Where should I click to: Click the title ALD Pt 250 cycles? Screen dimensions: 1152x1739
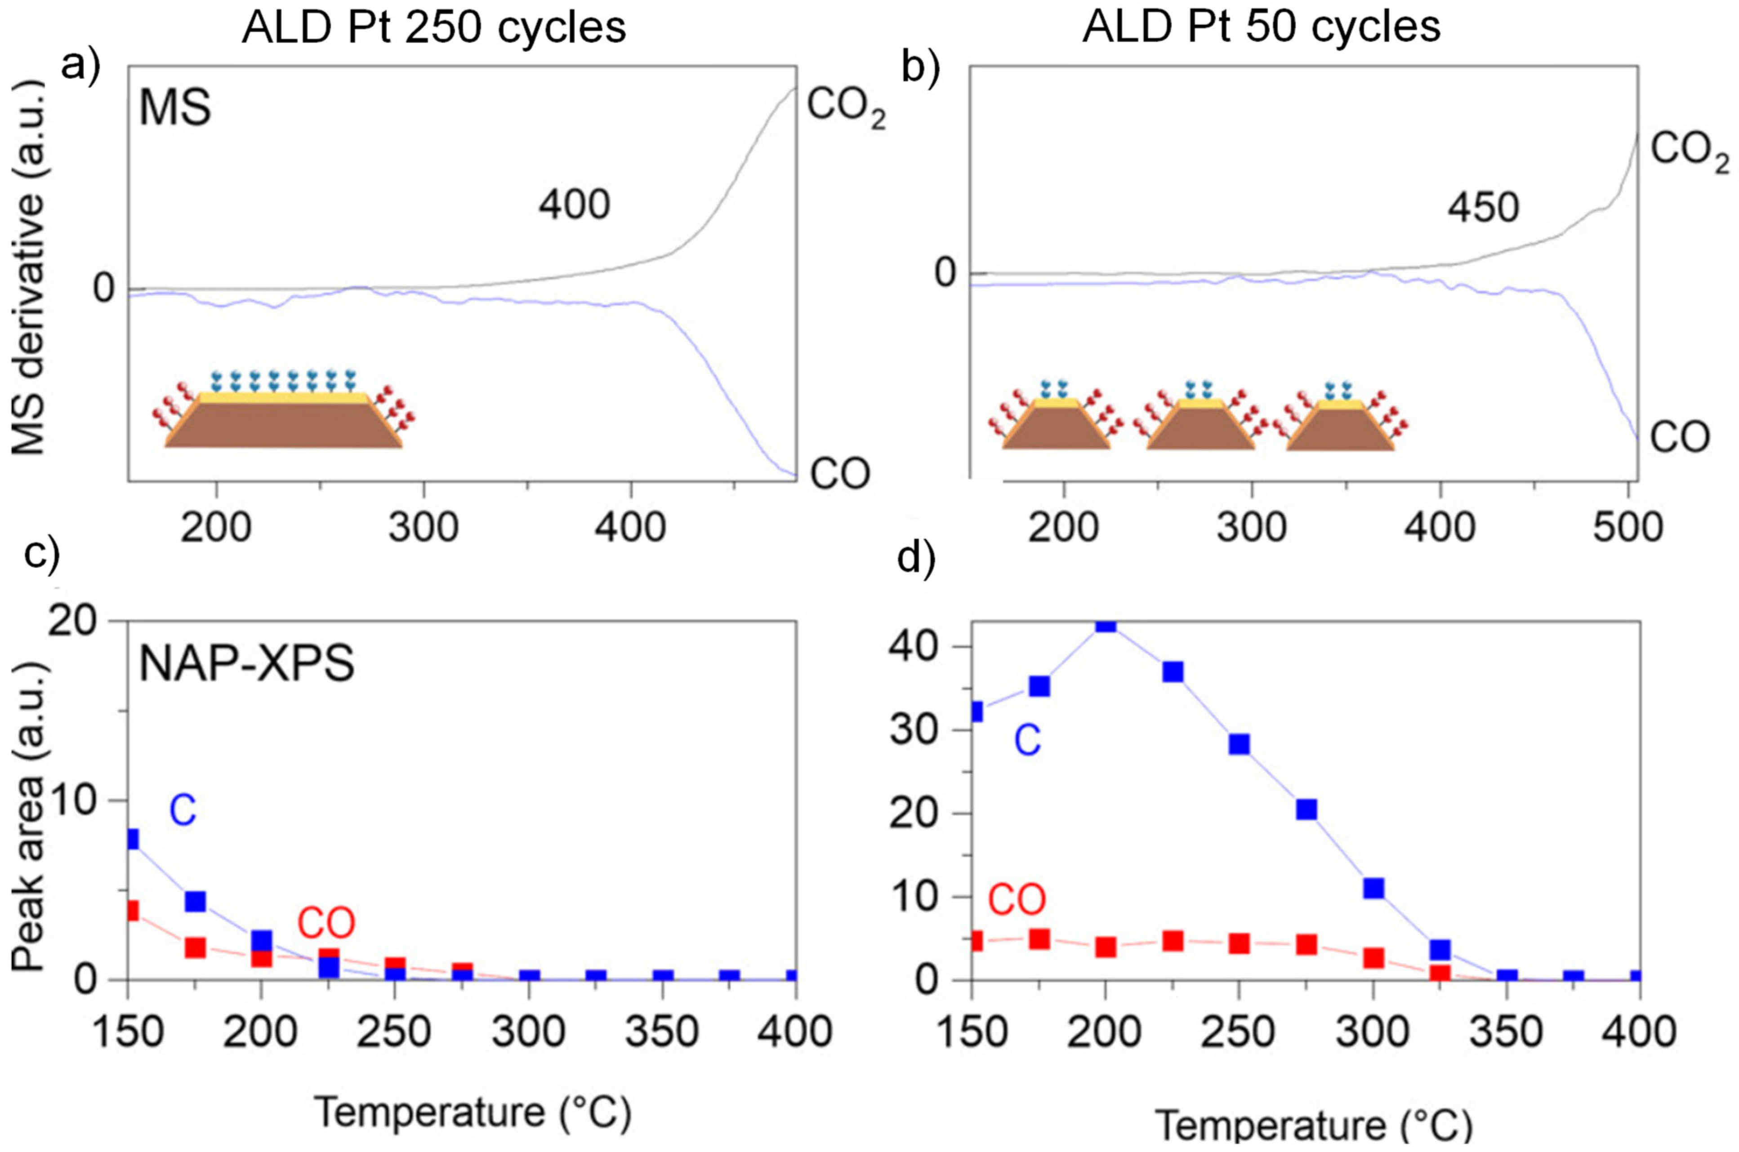(x=433, y=28)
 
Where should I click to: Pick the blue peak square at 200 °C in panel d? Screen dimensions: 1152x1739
(x=1106, y=623)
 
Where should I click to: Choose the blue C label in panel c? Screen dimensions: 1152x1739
(x=183, y=811)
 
